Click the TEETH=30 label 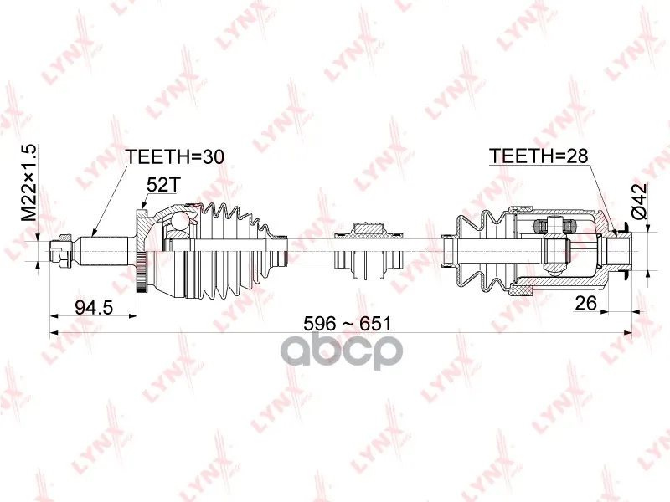click(174, 157)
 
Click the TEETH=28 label click(539, 156)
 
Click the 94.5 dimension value click(94, 307)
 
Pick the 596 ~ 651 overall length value click(347, 324)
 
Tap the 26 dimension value click(585, 303)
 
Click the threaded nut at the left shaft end click(59, 251)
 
